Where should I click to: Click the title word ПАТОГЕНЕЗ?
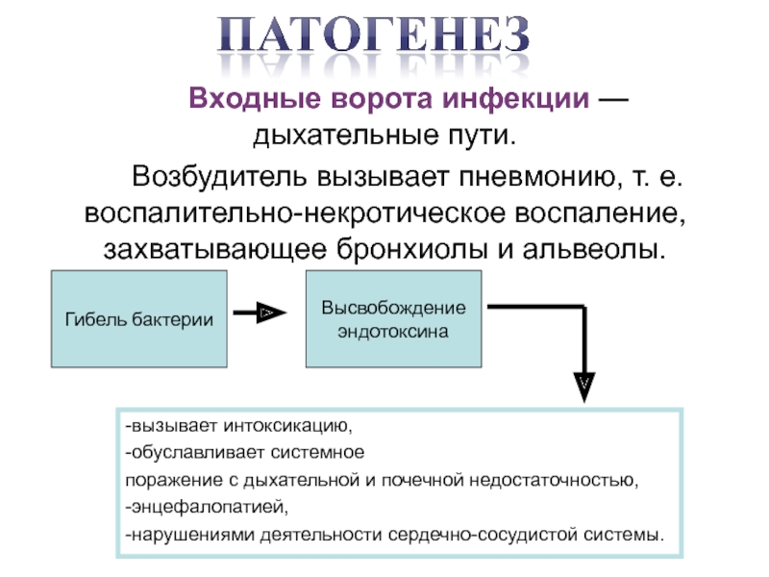373,35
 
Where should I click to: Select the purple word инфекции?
515,99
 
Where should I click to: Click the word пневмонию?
538,176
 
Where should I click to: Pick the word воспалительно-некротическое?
295,213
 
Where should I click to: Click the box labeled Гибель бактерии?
139,318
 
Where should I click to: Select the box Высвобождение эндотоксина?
394,318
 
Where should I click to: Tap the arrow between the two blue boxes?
260,313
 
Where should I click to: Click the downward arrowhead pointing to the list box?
584,387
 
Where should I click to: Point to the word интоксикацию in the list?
287,426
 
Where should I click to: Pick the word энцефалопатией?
210,507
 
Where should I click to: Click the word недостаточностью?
555,479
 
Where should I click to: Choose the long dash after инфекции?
613,99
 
